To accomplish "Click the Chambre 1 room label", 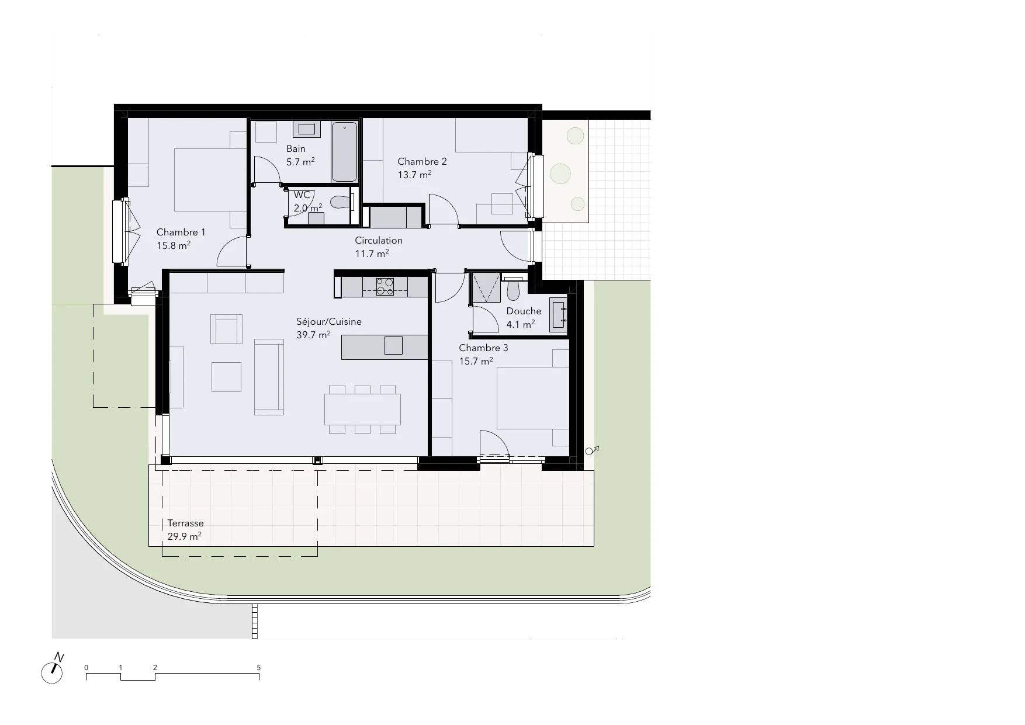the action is (181, 233).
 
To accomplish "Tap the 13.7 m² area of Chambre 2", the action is (414, 174).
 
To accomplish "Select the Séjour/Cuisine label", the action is (329, 321).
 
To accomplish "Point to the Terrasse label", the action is (185, 523).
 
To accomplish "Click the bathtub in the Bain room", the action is (345, 152).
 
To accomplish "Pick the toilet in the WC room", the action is (340, 202).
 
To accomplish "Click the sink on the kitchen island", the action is (393, 345).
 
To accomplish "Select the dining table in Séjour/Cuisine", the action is (363, 409).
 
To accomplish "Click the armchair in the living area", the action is (226, 329).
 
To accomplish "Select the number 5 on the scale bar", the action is (259, 667).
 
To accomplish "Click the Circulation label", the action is (379, 240).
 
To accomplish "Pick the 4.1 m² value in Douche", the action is (521, 324).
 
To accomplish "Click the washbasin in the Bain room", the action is (307, 129).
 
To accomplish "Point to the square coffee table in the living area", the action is (226, 377).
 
